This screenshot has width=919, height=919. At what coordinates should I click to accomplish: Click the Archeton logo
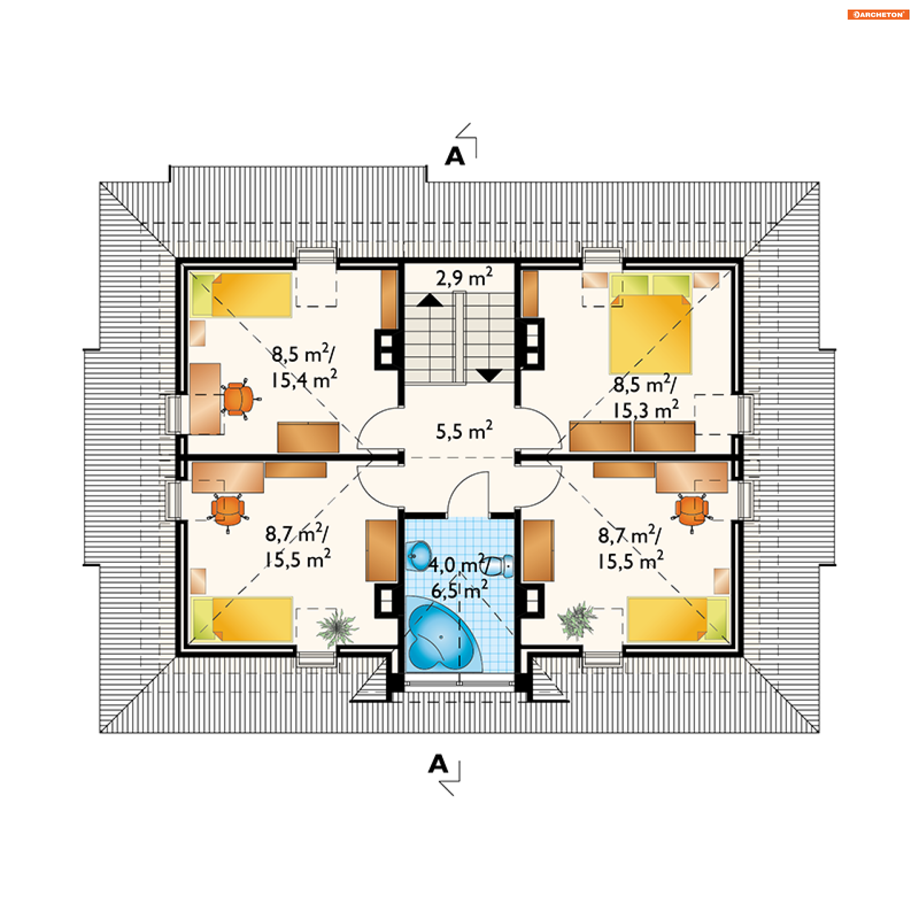878,14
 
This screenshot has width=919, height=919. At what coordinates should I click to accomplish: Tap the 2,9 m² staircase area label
464,277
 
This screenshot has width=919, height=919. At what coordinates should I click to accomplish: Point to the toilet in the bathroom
500,566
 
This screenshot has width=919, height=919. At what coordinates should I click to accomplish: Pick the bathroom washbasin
419,555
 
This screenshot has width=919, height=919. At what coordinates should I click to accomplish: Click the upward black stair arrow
430,300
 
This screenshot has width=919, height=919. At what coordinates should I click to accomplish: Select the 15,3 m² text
646,410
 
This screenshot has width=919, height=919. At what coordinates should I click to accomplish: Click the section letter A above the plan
455,156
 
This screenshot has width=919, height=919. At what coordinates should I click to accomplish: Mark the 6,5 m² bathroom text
459,590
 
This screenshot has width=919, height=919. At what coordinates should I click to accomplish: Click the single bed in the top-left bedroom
241,295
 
